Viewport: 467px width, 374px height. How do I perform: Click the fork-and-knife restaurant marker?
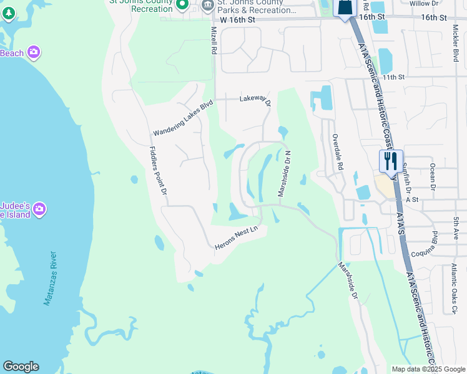click(391, 161)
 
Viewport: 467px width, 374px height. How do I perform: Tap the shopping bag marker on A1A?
click(345, 7)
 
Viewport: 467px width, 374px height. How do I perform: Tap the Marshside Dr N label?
click(285, 174)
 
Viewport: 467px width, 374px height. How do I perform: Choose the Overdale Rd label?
click(338, 152)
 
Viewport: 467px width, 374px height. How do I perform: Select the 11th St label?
click(395, 77)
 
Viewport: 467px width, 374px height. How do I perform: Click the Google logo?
click(21, 367)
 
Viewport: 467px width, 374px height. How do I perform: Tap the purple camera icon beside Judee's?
click(39, 209)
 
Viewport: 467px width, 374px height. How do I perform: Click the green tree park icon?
click(9, 14)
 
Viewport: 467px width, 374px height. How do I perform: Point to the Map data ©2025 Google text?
click(428, 369)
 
